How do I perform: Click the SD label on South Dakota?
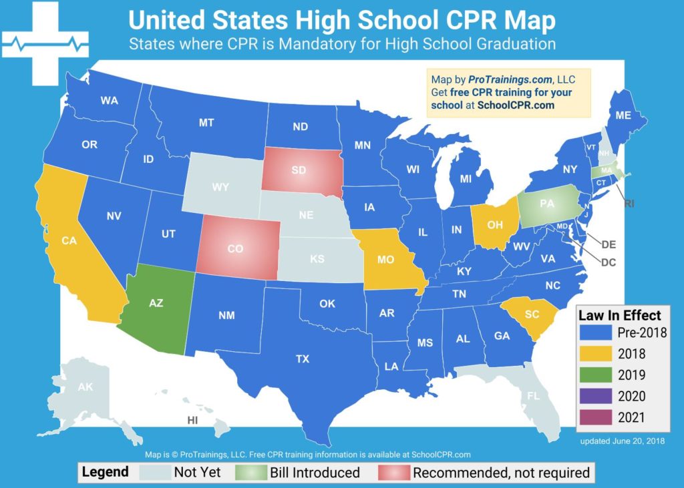(x=299, y=170)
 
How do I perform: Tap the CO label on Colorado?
(x=235, y=248)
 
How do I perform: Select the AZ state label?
(x=156, y=302)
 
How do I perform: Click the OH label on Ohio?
(x=495, y=225)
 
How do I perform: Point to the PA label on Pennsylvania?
(x=547, y=204)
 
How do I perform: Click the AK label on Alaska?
(x=85, y=387)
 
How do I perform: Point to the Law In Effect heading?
(x=620, y=315)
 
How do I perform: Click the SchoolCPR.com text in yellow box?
(x=516, y=105)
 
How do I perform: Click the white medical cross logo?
(x=45, y=45)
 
